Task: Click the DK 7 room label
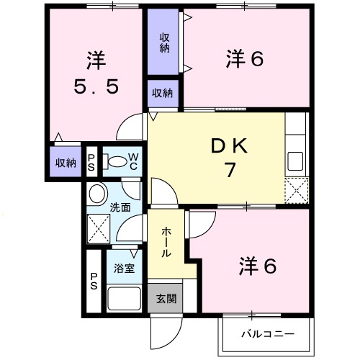[229, 158]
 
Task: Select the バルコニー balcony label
[267, 335]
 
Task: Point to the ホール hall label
[166, 243]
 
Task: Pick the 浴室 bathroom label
[124, 269]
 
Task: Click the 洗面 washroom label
[120, 207]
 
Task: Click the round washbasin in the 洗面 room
[97, 194]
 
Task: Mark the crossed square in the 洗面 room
[98, 228]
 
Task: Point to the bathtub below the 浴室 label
[123, 297]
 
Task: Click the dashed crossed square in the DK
[296, 190]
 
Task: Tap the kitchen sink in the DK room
[296, 160]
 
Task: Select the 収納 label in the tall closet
[164, 42]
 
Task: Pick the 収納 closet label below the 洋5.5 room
[66, 162]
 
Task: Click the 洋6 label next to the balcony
[258, 266]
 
